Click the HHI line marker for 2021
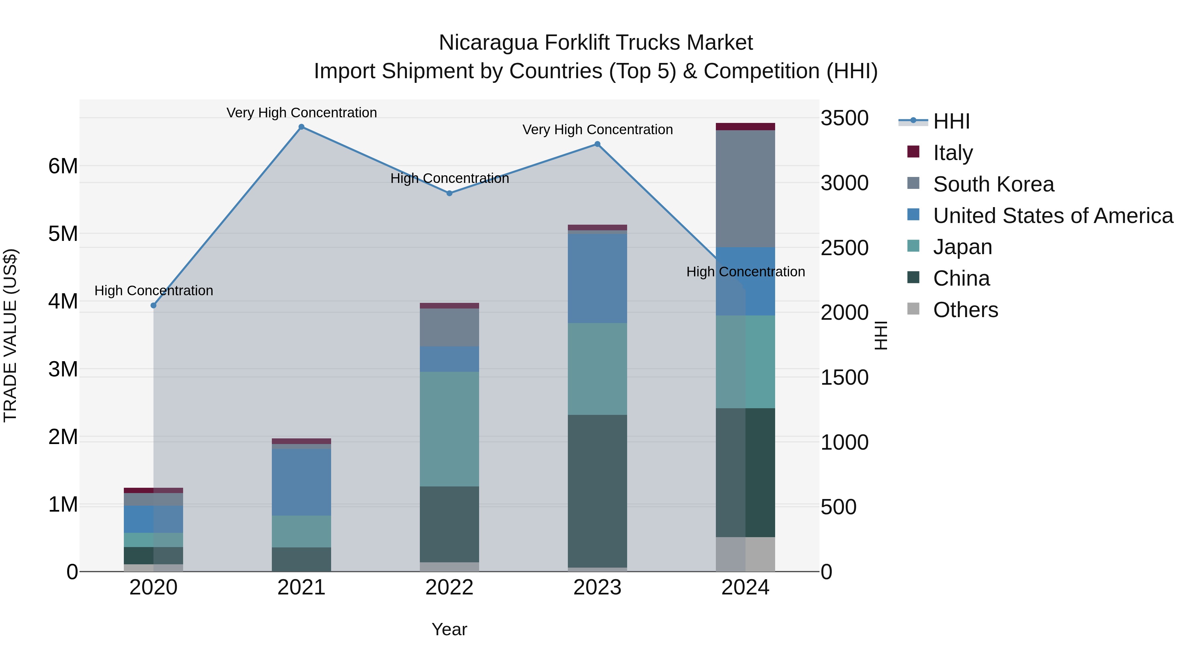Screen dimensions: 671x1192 (x=301, y=127)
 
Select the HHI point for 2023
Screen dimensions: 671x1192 (x=597, y=144)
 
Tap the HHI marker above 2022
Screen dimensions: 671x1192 (x=449, y=193)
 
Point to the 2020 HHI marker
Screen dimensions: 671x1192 (x=154, y=306)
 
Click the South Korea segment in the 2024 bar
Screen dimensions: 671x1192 (x=745, y=189)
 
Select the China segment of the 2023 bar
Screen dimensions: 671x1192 (x=597, y=491)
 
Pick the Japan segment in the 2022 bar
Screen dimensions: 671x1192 (x=449, y=429)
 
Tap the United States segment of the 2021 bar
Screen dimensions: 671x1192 (x=301, y=482)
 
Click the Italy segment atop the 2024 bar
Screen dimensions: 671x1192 (x=745, y=127)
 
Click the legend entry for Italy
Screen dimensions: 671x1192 (x=953, y=152)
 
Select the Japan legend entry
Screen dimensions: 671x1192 (x=963, y=247)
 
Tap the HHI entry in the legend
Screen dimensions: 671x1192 (x=951, y=121)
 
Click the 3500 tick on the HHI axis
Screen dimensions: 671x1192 (x=844, y=118)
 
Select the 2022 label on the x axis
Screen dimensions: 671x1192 (x=449, y=587)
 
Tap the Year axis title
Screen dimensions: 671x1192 (x=449, y=629)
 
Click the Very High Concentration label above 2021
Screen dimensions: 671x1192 (x=301, y=113)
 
